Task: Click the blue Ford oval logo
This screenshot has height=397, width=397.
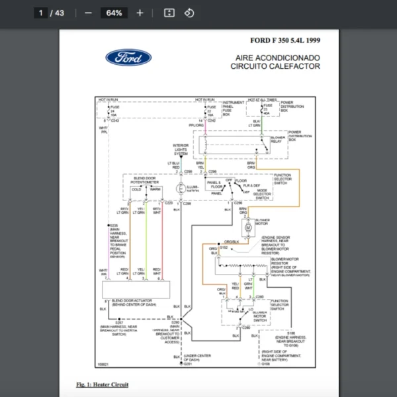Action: (128, 58)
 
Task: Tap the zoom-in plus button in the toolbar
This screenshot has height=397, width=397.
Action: (140, 13)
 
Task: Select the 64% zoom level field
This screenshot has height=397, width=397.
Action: (113, 13)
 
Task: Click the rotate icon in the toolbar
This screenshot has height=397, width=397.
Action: (189, 13)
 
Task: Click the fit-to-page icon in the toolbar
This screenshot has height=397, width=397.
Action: (169, 13)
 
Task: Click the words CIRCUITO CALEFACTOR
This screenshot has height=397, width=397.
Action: (275, 66)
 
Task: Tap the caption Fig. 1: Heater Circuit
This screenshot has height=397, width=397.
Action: (103, 384)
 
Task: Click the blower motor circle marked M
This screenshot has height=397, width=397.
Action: (248, 228)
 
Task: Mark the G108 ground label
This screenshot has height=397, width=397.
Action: (265, 363)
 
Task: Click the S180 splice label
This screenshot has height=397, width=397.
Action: (290, 333)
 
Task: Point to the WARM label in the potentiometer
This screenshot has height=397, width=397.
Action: (155, 189)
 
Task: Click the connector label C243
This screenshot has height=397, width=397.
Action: (114, 120)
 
